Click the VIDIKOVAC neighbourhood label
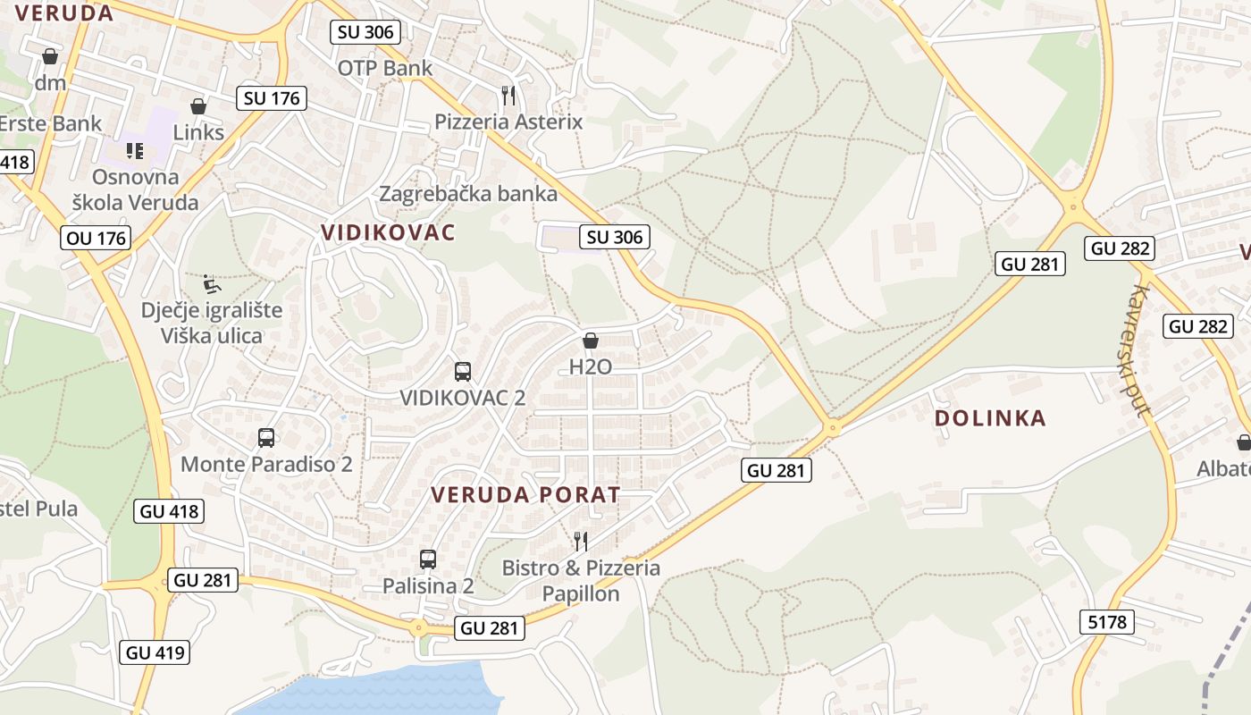tap(388, 233)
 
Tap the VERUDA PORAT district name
tap(525, 494)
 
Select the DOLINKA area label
tap(990, 418)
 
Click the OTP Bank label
tap(384, 68)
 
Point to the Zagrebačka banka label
tap(468, 194)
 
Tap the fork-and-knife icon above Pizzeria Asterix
tap(508, 95)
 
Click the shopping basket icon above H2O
tap(590, 341)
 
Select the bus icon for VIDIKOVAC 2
tap(463, 372)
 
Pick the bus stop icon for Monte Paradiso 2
tap(266, 438)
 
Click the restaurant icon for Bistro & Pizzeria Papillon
tap(580, 541)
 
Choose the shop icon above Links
tap(198, 106)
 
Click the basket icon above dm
tap(50, 56)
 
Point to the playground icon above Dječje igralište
tap(212, 284)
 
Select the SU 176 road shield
tap(272, 98)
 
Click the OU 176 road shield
tap(97, 238)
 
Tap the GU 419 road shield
tap(155, 652)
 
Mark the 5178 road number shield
tap(1107, 621)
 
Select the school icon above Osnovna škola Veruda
tap(135, 150)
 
